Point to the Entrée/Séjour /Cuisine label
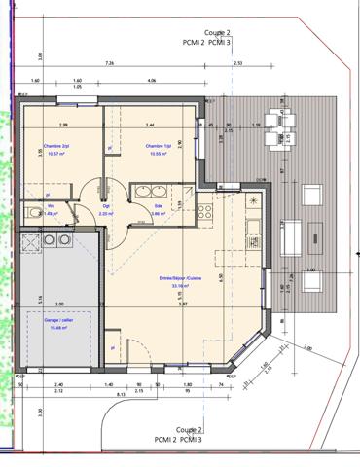tap(179, 277)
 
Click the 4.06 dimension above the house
tap(153, 81)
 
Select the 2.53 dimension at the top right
tap(239, 63)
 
